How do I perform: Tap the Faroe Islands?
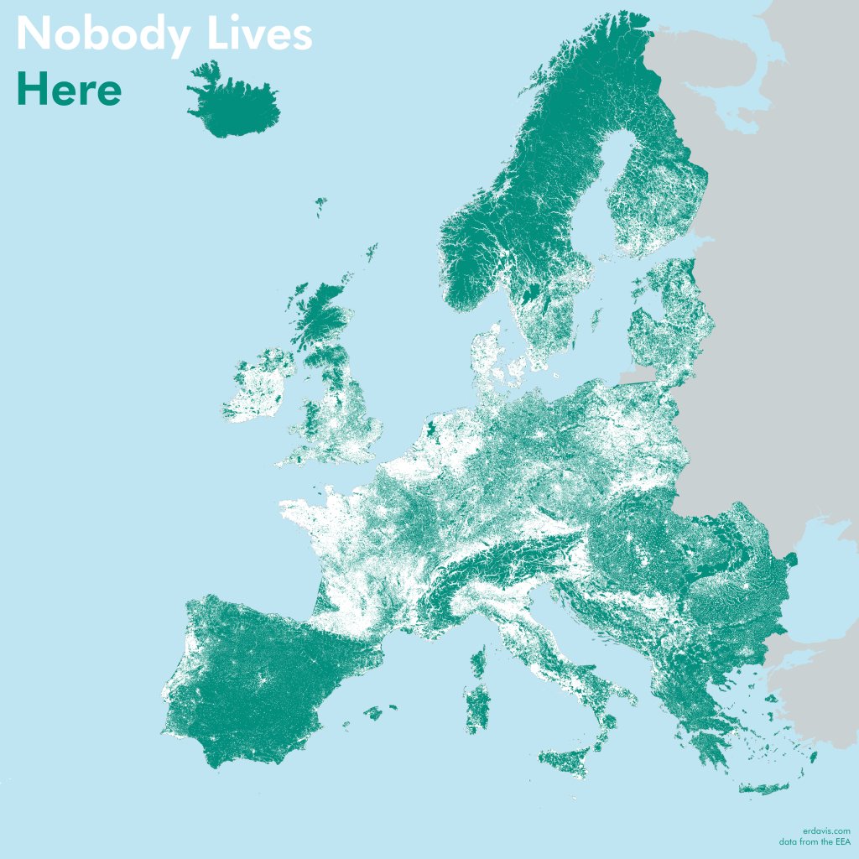click(320, 205)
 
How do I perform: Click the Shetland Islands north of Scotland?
click(370, 252)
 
